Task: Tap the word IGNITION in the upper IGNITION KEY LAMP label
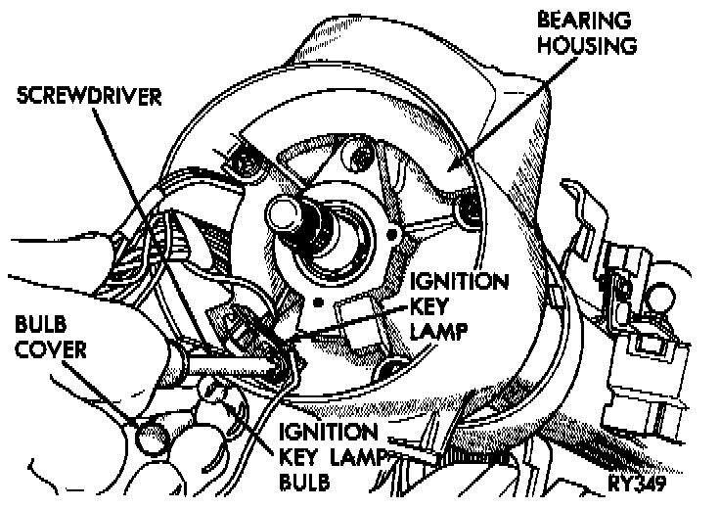459,284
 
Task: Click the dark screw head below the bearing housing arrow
467,208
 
